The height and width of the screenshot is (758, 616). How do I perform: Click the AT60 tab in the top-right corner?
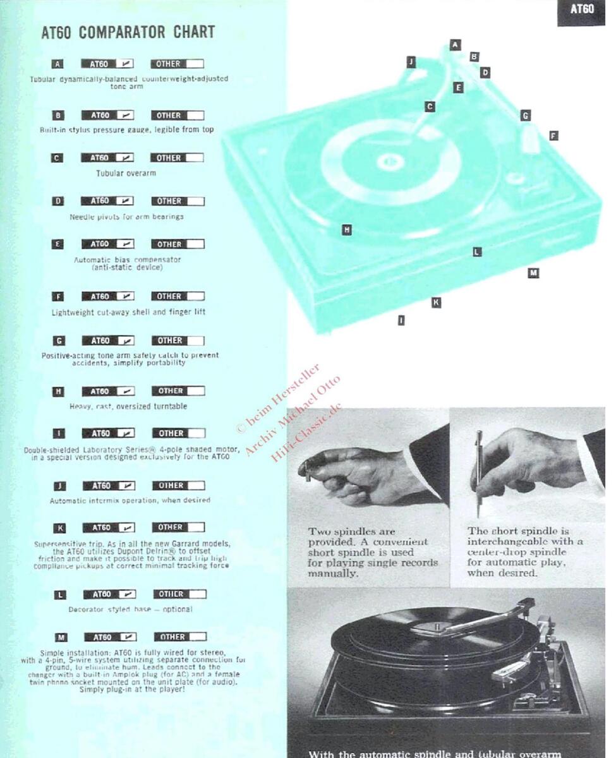[581, 9]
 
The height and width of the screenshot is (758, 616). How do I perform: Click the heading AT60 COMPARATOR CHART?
[128, 32]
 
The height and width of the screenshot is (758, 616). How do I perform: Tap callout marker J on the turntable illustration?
[411, 61]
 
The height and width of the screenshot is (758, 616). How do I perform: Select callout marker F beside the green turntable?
[553, 135]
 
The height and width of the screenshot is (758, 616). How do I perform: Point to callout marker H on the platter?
[346, 230]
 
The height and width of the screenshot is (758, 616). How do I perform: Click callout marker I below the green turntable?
[401, 320]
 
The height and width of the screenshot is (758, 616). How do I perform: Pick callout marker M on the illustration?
[533, 273]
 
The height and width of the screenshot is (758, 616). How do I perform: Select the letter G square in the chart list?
[59, 340]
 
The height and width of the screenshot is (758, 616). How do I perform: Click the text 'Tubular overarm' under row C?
[126, 173]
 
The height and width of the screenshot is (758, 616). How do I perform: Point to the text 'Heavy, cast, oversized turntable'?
[128, 406]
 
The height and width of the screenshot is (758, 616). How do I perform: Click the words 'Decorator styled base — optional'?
[130, 610]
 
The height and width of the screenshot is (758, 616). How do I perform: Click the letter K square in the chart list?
[59, 527]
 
